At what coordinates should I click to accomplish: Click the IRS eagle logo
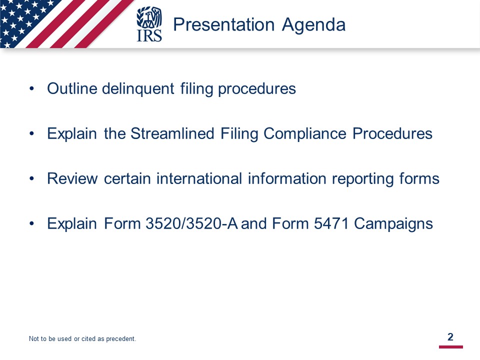pos(149,24)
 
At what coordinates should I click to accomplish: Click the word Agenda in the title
pos(314,25)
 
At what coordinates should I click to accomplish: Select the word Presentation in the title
pos(224,24)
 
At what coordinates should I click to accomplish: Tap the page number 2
pos(450,336)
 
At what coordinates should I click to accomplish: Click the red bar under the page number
pos(451,347)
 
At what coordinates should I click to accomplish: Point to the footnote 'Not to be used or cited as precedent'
pos(82,338)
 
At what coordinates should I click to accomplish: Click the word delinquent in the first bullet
pos(138,89)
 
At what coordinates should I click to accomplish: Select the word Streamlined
pos(172,133)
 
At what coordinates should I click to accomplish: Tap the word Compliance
pos(305,134)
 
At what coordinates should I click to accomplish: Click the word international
pos(199,178)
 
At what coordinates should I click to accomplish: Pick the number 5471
pos(331,223)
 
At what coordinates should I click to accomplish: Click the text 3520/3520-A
pos(191,223)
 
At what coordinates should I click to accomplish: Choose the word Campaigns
pos(393,224)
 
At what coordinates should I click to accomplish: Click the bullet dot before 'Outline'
pos(31,89)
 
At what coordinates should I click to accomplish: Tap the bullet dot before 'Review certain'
pos(31,179)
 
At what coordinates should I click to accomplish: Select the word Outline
pos(72,88)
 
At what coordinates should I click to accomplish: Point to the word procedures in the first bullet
pos(257,89)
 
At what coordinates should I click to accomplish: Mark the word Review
pos(72,178)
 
